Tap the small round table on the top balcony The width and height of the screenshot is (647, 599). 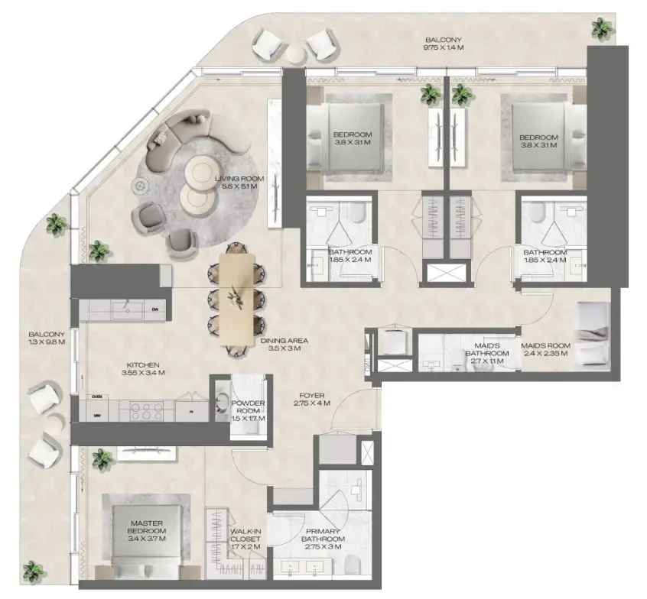tap(293, 52)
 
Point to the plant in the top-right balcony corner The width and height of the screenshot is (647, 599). tap(600, 29)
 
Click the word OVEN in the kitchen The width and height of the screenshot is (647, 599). tap(97, 397)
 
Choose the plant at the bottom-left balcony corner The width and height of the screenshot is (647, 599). tap(32, 570)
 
